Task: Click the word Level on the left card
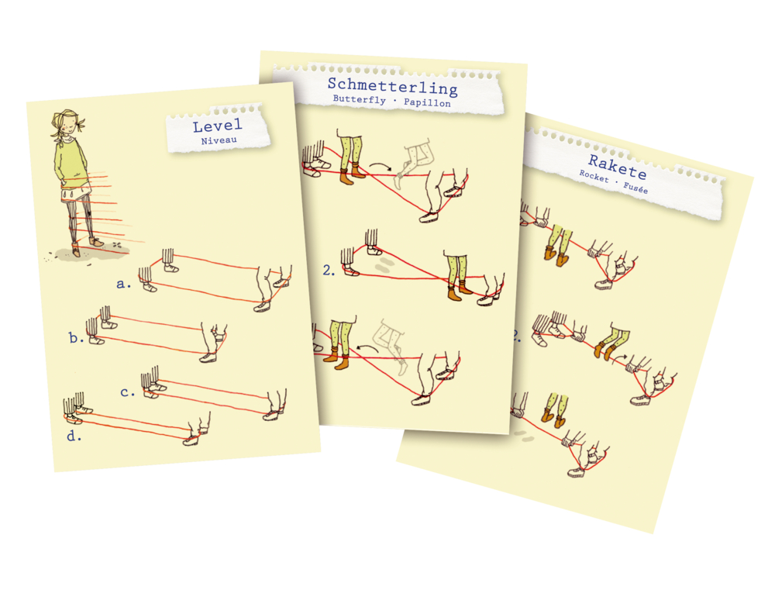click(x=218, y=126)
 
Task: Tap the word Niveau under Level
click(x=219, y=140)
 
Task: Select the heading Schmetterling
click(x=392, y=86)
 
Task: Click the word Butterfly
click(x=360, y=99)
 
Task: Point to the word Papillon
click(x=427, y=102)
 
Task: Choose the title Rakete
click(x=618, y=167)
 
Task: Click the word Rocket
click(x=594, y=176)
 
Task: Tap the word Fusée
click(x=635, y=188)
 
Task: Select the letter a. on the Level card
click(x=123, y=284)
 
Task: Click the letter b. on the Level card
click(x=76, y=338)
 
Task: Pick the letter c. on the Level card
click(x=128, y=392)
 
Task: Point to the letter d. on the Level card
click(x=74, y=436)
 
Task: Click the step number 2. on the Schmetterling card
click(x=329, y=270)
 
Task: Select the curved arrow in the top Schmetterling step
click(x=381, y=166)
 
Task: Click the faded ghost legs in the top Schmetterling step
click(x=414, y=164)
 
